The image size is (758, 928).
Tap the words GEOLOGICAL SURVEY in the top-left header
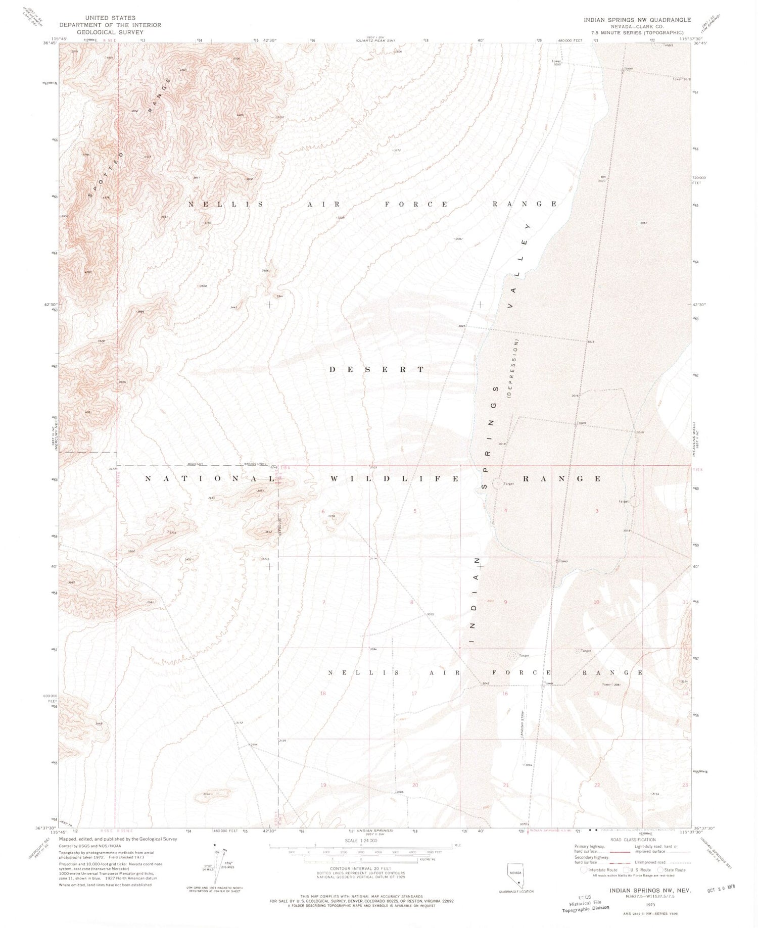[x=110, y=32]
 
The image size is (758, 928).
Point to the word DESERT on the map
[x=377, y=369]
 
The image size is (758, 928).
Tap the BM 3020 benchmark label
[x=601, y=178]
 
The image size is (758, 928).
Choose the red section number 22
[x=597, y=785]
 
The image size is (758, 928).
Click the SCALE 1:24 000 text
[x=360, y=841]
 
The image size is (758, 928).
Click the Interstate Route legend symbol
[x=584, y=870]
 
